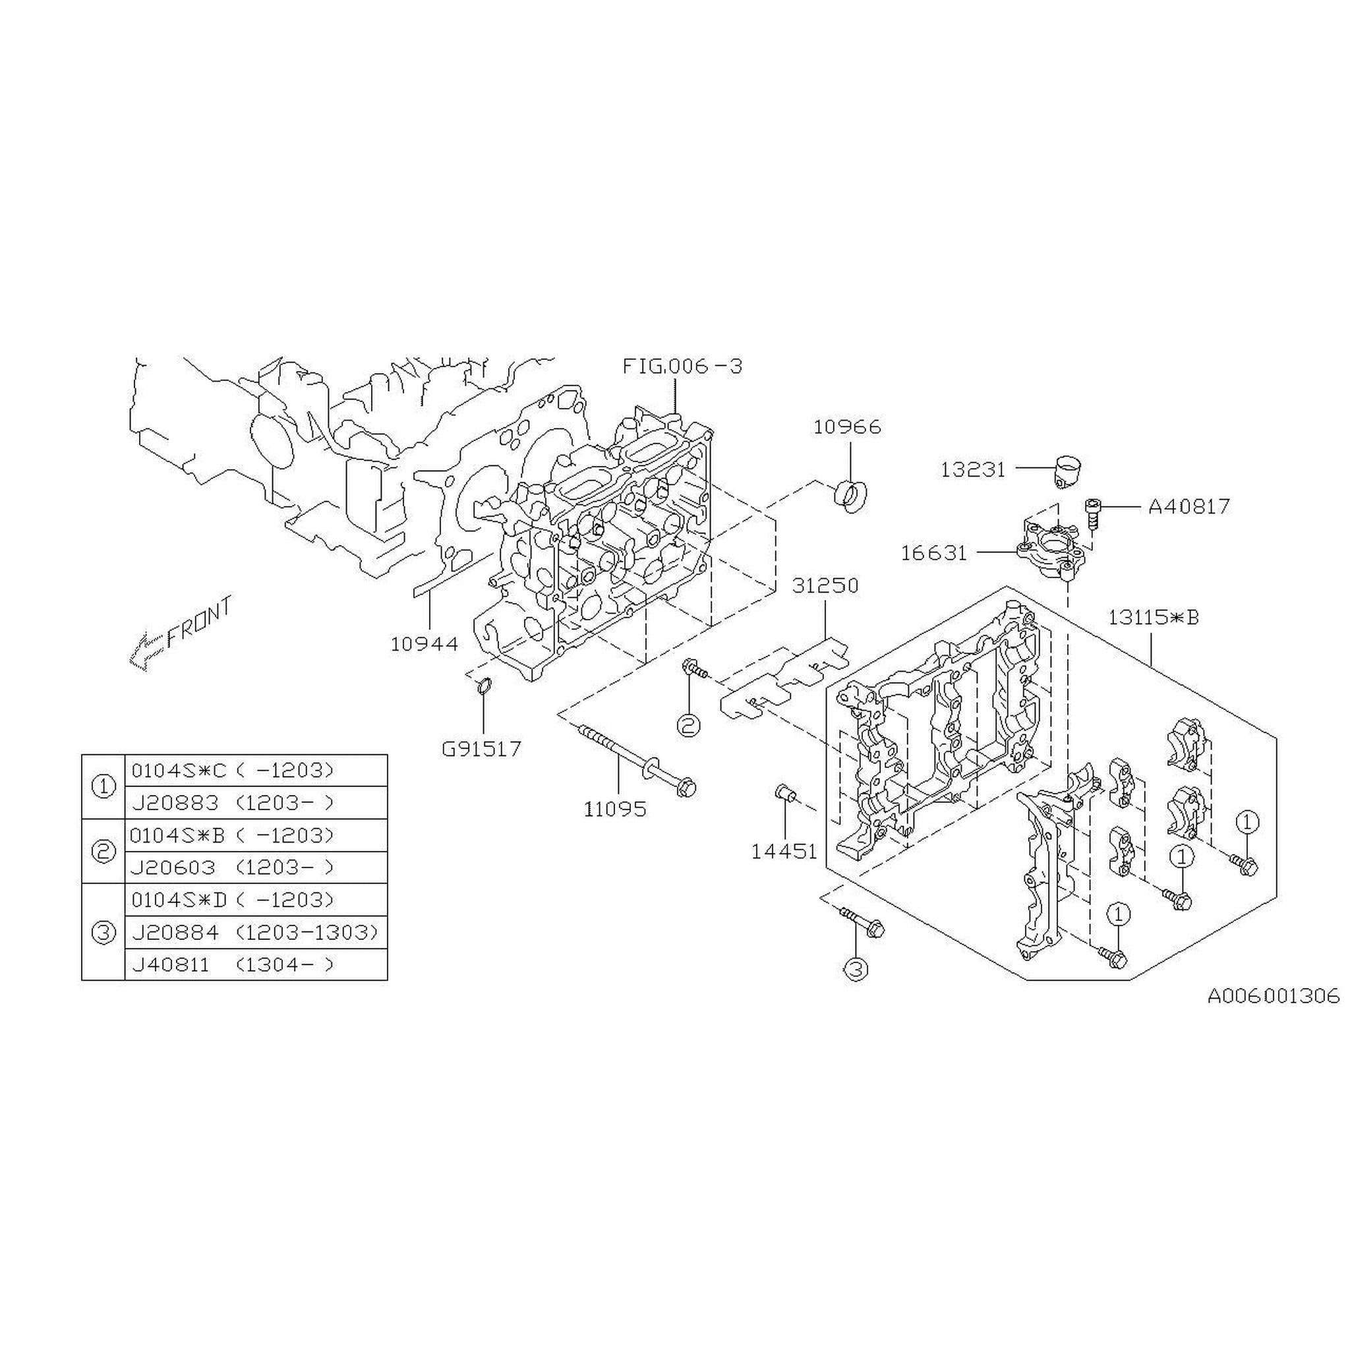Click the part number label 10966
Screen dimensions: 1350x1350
847,427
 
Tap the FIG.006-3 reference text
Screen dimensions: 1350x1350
682,365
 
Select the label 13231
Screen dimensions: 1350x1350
973,469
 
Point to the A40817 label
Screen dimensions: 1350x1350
1189,506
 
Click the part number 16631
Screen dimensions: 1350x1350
933,552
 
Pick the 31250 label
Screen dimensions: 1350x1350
825,585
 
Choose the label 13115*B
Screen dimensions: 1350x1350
1153,618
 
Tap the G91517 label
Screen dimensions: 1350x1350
481,749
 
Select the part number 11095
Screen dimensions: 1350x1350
616,809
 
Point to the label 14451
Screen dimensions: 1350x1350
784,851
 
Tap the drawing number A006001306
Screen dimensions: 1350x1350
1273,995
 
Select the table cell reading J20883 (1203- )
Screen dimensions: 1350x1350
233,803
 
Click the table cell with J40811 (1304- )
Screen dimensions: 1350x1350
233,964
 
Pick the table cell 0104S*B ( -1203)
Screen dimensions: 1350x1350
233,835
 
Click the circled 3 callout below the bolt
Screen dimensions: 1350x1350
857,969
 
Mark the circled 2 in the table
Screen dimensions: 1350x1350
103,851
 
